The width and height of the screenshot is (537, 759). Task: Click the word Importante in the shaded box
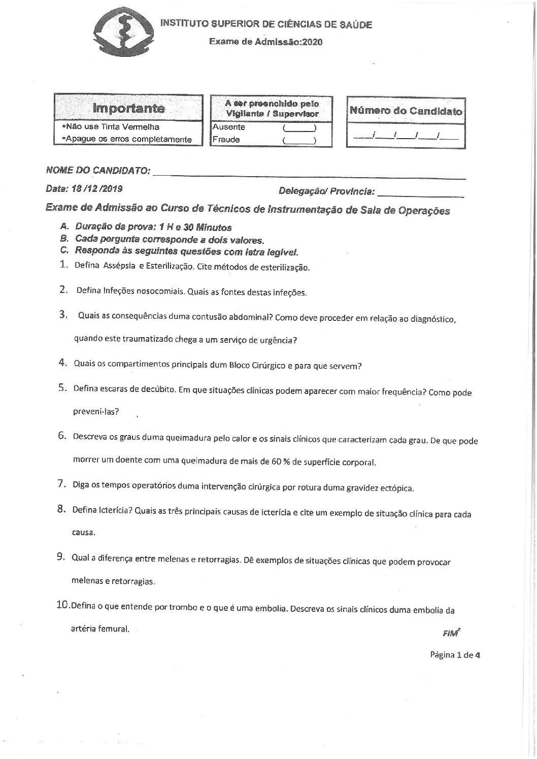point(128,108)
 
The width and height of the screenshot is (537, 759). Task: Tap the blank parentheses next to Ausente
point(299,128)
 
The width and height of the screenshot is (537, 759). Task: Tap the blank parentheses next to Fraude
point(299,140)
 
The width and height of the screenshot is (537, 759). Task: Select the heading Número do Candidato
point(406,111)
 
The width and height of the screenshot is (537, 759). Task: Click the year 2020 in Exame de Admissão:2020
point(312,42)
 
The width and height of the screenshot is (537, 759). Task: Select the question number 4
point(63,362)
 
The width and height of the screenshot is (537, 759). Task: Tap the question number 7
point(62,484)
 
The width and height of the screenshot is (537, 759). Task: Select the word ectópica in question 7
point(397,489)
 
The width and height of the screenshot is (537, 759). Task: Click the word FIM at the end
point(450,633)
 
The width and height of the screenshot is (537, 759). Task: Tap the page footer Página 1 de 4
point(455,654)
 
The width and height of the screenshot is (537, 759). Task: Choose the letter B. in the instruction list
point(63,239)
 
